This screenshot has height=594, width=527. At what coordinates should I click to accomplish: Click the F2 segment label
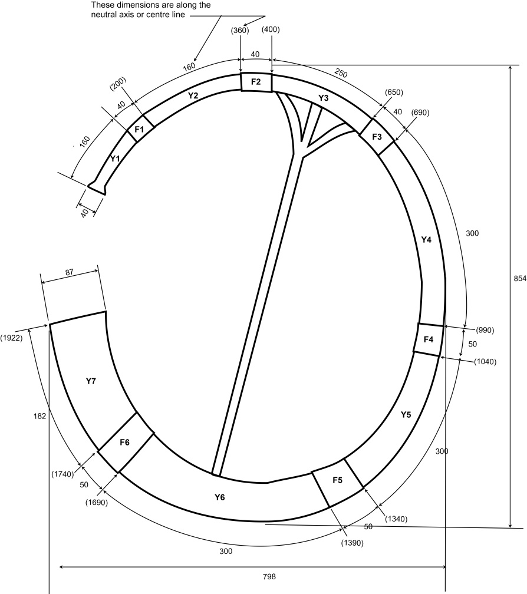point(256,82)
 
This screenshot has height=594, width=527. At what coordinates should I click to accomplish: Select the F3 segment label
point(377,137)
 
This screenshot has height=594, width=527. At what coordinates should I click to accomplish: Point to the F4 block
point(428,339)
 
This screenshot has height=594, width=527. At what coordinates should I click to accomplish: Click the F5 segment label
point(337,480)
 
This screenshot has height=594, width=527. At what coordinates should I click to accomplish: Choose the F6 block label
point(124,442)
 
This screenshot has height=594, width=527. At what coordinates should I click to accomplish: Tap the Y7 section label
point(91,381)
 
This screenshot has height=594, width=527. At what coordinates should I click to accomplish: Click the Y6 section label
point(220,497)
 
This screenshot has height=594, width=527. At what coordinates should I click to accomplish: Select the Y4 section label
point(426,239)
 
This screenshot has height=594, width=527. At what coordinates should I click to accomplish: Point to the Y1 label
point(115,159)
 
